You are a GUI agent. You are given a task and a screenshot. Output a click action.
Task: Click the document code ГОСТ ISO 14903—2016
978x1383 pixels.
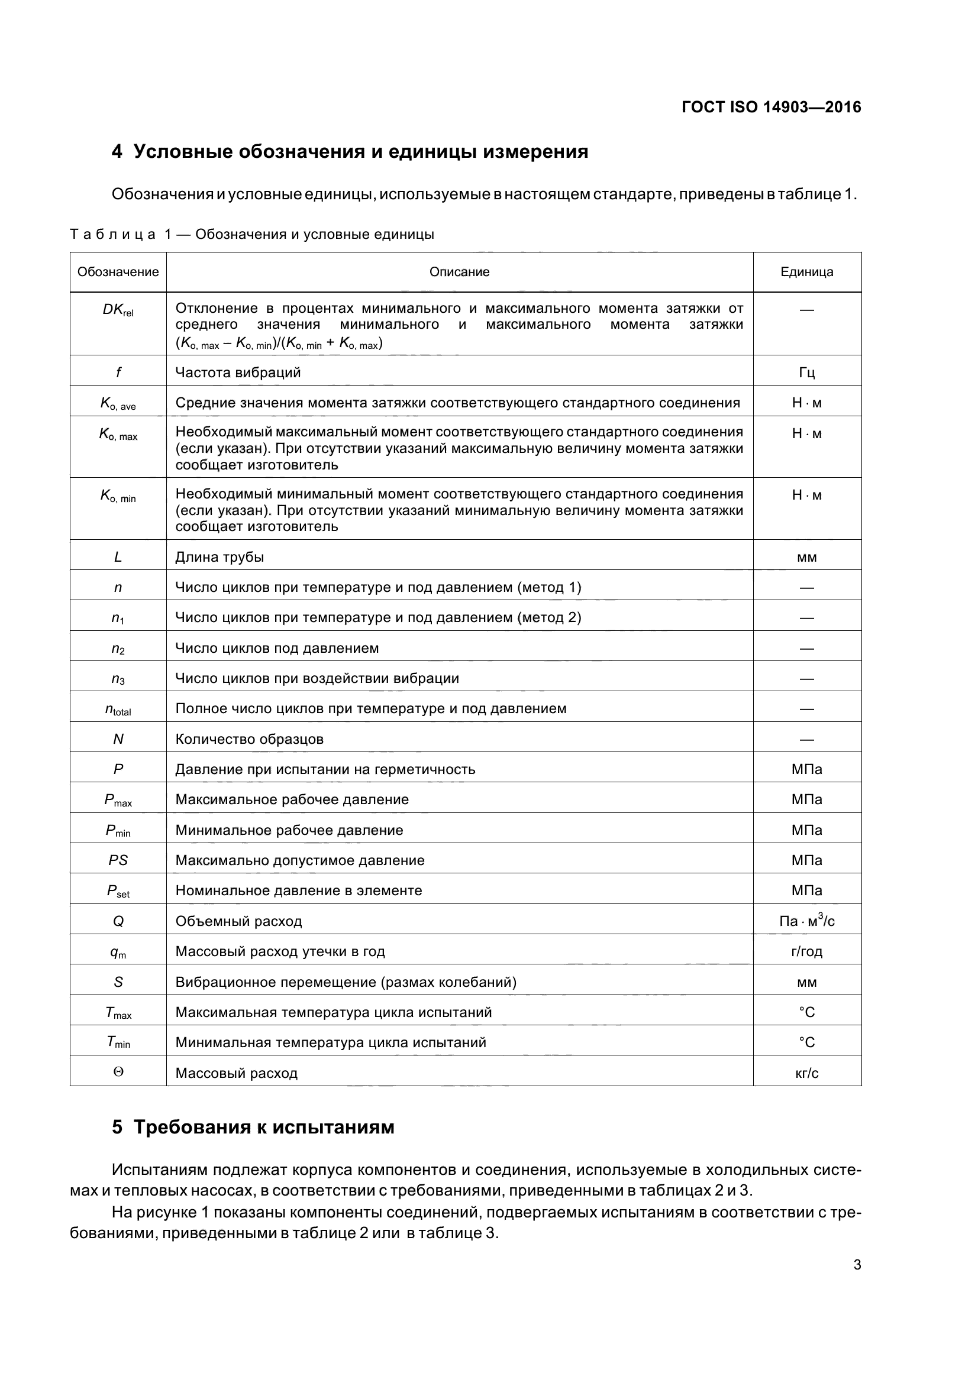(x=771, y=107)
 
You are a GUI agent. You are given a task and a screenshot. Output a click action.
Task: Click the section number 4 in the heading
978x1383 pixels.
(x=117, y=152)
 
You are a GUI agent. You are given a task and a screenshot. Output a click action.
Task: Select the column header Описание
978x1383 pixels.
(x=459, y=271)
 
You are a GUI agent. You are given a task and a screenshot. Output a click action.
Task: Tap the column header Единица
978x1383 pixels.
(x=806, y=271)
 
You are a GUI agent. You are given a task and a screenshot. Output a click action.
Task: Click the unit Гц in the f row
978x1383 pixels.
(x=806, y=373)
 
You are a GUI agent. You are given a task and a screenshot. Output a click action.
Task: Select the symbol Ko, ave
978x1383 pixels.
(x=118, y=404)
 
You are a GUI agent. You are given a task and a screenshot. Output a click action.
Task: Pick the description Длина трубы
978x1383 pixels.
(x=220, y=556)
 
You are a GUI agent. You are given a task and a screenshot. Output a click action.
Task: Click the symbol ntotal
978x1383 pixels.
(x=118, y=710)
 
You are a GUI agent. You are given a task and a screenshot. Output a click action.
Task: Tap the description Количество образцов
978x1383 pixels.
(x=249, y=739)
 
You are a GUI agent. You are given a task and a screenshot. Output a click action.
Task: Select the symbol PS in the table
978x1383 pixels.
(x=118, y=860)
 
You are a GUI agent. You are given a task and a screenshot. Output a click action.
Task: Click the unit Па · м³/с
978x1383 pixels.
(x=806, y=921)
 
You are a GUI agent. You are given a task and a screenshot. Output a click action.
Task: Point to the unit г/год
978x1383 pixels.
(x=806, y=951)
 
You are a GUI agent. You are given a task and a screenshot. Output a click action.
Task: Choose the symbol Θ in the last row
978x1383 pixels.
(x=118, y=1072)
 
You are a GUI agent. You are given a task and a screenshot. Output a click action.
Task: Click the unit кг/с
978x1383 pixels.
(x=806, y=1073)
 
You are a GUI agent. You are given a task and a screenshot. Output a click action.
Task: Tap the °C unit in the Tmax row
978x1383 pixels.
(x=806, y=1012)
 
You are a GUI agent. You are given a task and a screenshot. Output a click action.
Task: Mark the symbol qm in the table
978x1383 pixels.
(x=118, y=953)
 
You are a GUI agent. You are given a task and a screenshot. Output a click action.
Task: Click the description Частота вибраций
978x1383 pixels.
(x=237, y=373)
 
